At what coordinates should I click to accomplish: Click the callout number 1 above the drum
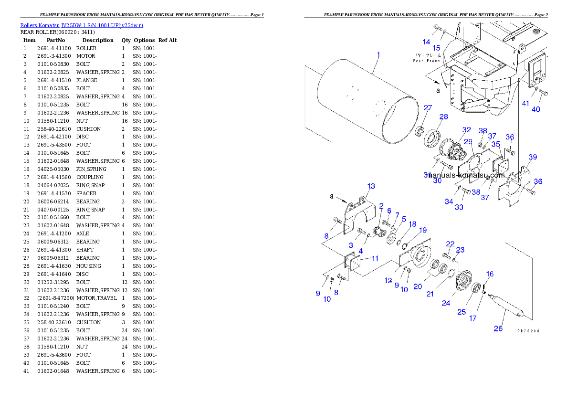tap(379, 55)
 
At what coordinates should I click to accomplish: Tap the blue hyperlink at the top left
tap(82, 25)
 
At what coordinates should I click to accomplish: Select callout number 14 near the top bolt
tap(426, 42)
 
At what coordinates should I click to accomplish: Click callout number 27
tap(428, 108)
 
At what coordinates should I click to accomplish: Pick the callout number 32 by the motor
tap(466, 130)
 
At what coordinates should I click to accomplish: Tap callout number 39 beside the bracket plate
tap(532, 157)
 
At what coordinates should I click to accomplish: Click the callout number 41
tap(526, 104)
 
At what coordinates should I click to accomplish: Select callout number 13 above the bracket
tap(371, 186)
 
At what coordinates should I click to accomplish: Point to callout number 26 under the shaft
tap(498, 328)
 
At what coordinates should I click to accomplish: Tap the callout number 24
tap(445, 303)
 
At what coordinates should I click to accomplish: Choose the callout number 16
tap(490, 274)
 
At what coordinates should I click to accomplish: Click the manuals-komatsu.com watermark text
tap(466, 175)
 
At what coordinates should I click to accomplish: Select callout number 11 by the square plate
tap(375, 258)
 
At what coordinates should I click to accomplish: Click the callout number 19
tap(422, 230)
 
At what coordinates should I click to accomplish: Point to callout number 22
tap(450, 244)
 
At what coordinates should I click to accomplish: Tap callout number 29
tap(468, 142)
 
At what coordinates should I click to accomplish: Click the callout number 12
tap(388, 281)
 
